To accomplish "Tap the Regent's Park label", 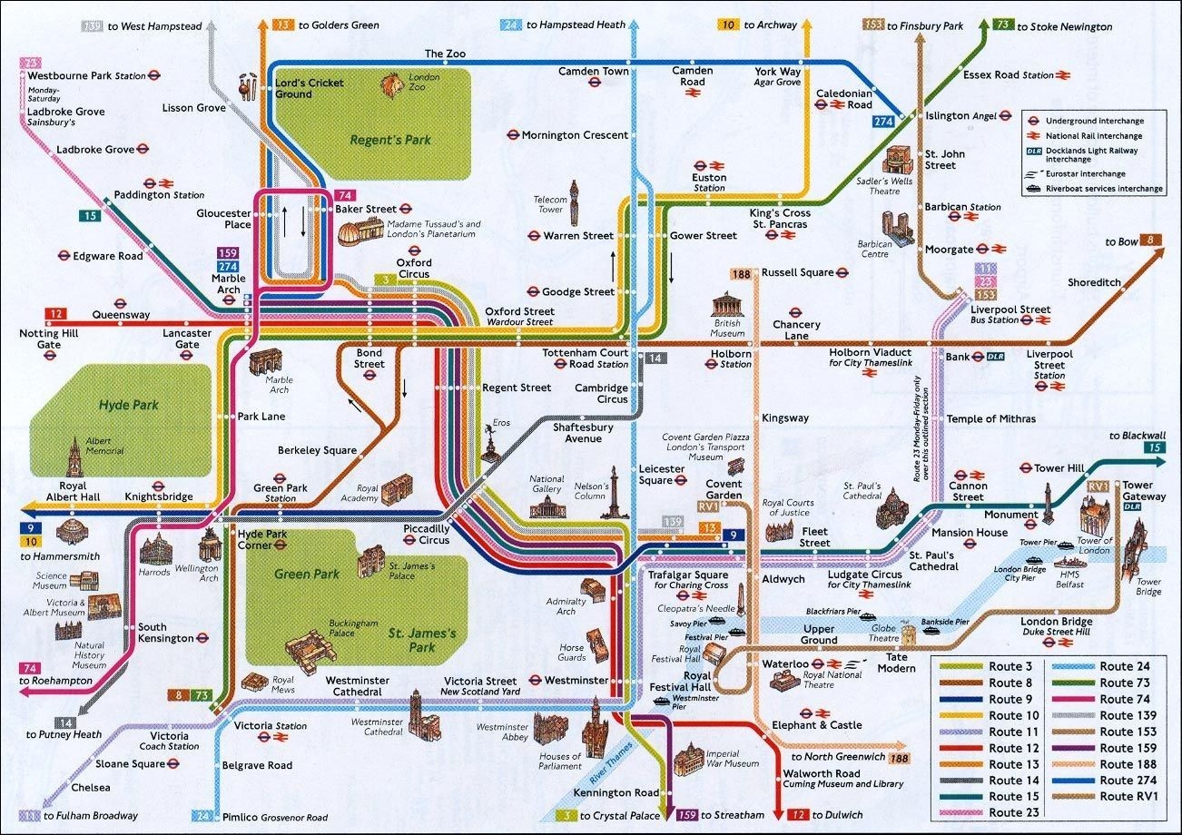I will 390,140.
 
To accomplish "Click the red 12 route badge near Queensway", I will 56,314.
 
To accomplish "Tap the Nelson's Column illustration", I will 614,494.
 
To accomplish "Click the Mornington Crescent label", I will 574,135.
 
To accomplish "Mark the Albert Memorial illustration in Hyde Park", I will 73,455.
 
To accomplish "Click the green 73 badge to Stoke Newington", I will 1003,25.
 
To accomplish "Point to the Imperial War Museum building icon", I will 689,758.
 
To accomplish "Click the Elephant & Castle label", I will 816,725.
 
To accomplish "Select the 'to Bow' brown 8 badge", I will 1151,241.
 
